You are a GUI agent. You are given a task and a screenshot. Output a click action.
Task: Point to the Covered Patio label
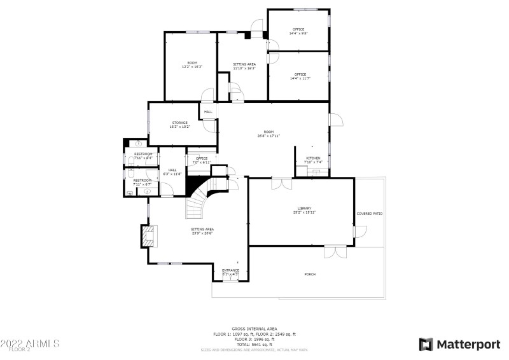click(369, 214)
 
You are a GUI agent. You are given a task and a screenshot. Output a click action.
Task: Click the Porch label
click(310, 274)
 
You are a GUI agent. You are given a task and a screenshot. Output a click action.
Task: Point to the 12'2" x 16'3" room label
click(192, 64)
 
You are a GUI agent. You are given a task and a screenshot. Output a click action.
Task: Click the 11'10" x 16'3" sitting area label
click(244, 66)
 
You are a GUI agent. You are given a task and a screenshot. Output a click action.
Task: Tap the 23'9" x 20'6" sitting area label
click(202, 230)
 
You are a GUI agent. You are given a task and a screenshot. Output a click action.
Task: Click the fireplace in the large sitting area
click(148, 237)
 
